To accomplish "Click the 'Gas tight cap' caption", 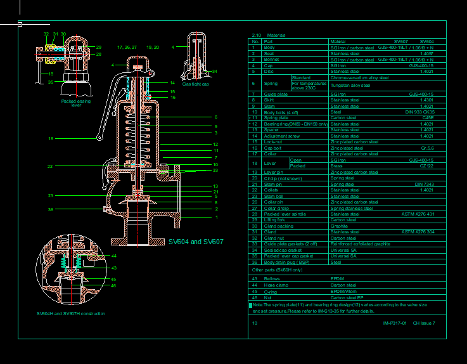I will [x=195, y=84].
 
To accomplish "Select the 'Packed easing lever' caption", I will [x=76, y=103].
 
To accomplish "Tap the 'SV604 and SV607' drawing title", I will [x=196, y=242].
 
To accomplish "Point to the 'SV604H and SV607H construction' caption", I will [x=71, y=313].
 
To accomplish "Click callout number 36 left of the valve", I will [x=51, y=209].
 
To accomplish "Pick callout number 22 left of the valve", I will [x=50, y=166].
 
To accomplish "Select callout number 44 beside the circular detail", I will [x=114, y=256].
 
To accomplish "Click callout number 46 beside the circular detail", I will [x=114, y=285].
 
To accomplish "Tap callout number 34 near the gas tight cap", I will [x=215, y=71].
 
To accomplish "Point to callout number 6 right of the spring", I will [x=215, y=117].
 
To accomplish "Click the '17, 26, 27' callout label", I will [x=127, y=47].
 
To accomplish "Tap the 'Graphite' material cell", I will [x=339, y=226].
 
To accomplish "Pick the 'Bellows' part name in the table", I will [x=272, y=278].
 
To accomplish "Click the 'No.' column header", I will [x=255, y=41].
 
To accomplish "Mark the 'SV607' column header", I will [x=400, y=41].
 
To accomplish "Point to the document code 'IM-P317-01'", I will [x=395, y=323].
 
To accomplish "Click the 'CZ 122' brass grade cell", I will [x=426, y=166].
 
